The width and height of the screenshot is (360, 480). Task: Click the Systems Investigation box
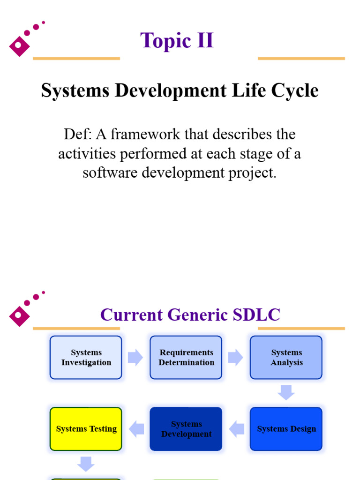[x=86, y=357]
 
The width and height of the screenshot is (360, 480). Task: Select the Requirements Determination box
[x=186, y=357]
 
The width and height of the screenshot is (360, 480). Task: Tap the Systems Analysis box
[x=286, y=357]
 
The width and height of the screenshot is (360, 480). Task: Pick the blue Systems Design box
[x=286, y=429]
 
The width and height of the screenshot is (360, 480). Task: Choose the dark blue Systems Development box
[x=186, y=429]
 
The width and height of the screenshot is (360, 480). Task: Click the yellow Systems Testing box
[x=86, y=429]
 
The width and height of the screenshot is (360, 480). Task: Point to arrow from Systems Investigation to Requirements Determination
[x=135, y=357]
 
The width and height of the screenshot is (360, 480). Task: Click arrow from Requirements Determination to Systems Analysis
[x=235, y=357]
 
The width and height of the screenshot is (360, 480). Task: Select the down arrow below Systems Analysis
[x=286, y=392]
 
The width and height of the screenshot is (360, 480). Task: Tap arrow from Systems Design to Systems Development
[x=236, y=429]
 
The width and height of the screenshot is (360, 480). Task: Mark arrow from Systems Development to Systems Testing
[x=136, y=429]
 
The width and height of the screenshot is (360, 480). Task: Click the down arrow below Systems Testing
[x=86, y=464]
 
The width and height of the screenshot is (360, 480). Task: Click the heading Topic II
[x=177, y=40]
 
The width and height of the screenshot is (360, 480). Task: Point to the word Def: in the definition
[x=78, y=135]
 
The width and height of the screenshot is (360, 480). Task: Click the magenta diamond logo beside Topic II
[x=19, y=45]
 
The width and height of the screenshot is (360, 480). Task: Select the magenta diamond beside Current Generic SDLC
[x=19, y=315]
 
